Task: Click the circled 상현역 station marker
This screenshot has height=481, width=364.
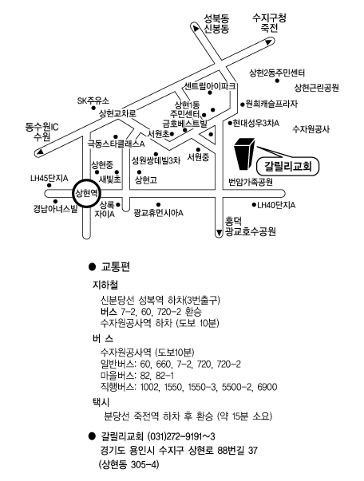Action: (x=86, y=193)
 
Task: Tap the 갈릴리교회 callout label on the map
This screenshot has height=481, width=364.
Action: (x=288, y=167)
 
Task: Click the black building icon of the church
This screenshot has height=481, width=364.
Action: (x=244, y=154)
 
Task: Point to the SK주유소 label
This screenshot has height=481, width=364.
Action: (x=93, y=101)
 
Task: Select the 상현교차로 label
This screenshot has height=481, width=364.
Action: (x=117, y=114)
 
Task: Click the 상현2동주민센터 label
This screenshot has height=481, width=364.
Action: (x=277, y=73)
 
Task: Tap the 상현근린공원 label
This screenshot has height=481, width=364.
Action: (x=317, y=88)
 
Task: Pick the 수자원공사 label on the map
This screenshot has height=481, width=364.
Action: (x=311, y=129)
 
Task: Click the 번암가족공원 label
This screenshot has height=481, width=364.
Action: (x=251, y=182)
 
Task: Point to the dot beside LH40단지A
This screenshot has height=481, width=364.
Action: (x=254, y=205)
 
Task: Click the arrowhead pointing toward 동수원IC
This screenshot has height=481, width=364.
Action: (x=40, y=152)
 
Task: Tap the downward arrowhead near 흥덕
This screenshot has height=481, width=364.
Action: (x=219, y=233)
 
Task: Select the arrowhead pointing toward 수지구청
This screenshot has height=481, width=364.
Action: (x=268, y=41)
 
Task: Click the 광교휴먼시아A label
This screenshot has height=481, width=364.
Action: (x=158, y=213)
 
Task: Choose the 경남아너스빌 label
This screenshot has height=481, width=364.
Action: (x=55, y=210)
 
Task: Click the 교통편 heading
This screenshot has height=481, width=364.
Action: (x=116, y=267)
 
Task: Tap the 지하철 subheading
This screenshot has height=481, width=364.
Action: (x=105, y=285)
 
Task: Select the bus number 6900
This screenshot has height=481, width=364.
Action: (x=267, y=387)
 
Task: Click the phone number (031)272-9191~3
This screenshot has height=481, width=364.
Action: (x=181, y=436)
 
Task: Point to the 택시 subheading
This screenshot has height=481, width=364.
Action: (x=101, y=402)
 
